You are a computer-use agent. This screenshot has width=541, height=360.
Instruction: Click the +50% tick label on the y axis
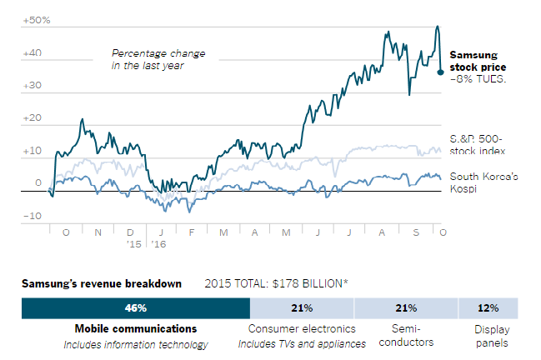tap(35, 19)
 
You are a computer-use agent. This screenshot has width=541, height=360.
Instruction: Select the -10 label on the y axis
tap(33, 216)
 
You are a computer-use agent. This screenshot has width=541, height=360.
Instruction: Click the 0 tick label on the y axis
tap(38, 183)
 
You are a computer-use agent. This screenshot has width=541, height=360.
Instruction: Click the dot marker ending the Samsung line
tap(441, 72)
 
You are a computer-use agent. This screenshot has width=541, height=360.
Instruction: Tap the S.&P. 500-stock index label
tap(478, 143)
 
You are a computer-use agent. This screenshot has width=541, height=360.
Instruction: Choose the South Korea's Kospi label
tap(483, 182)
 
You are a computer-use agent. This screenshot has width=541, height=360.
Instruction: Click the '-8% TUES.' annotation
tap(478, 79)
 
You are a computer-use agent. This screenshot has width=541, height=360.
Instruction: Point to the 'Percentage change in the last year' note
tap(158, 59)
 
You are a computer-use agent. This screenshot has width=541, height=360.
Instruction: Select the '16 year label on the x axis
tap(158, 244)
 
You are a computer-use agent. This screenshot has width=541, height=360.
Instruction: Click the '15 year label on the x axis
tap(133, 244)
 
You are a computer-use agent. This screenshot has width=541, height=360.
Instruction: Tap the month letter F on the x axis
tap(191, 232)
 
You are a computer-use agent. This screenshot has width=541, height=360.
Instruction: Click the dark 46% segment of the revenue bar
tap(135, 307)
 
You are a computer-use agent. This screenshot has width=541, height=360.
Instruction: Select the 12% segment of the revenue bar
tap(487, 307)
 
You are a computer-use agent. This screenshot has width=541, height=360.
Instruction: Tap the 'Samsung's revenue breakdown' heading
tap(101, 283)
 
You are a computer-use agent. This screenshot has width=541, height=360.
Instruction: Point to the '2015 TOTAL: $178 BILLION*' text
tap(276, 283)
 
